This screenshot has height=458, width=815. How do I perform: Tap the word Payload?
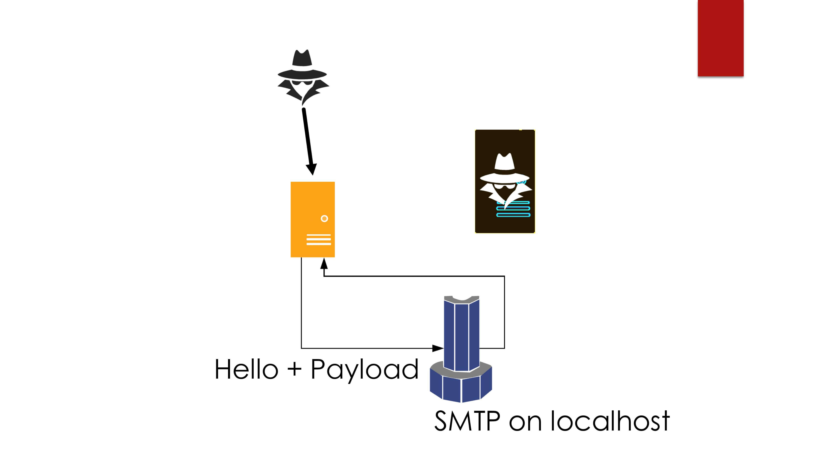[365, 371]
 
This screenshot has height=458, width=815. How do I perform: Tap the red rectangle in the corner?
[720, 38]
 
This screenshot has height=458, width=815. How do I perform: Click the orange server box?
[313, 219]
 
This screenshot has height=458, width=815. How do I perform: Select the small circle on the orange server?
[324, 218]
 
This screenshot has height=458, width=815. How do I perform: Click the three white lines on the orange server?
[319, 240]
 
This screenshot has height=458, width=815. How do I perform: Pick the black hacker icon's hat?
[302, 65]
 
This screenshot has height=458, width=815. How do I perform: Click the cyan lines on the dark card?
[513, 209]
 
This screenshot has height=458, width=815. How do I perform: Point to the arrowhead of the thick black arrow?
[312, 169]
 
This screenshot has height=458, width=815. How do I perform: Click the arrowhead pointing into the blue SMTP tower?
[438, 348]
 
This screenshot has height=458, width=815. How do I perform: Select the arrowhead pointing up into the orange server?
[324, 264]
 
